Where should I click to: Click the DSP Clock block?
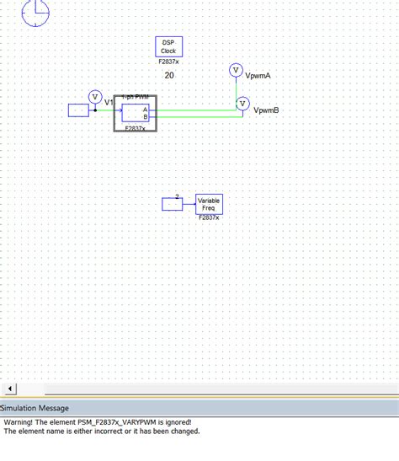coord(168,47)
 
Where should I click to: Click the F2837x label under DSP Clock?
coord(168,62)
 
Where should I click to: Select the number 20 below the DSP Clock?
coord(169,76)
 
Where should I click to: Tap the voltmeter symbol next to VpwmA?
coord(236,71)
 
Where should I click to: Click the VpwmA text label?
coord(258,76)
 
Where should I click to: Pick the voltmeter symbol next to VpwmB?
coord(242,104)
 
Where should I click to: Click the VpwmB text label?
coord(266,110)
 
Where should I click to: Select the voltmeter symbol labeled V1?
coord(95,96)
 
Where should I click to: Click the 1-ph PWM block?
coord(135,113)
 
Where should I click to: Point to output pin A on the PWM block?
coord(145,110)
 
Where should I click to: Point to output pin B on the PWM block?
coord(145,116)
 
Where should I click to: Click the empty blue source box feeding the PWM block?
coord(78,110)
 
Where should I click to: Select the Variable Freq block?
coord(209,204)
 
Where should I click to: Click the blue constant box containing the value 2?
coord(176,204)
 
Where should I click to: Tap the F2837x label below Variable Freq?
coord(209,218)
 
